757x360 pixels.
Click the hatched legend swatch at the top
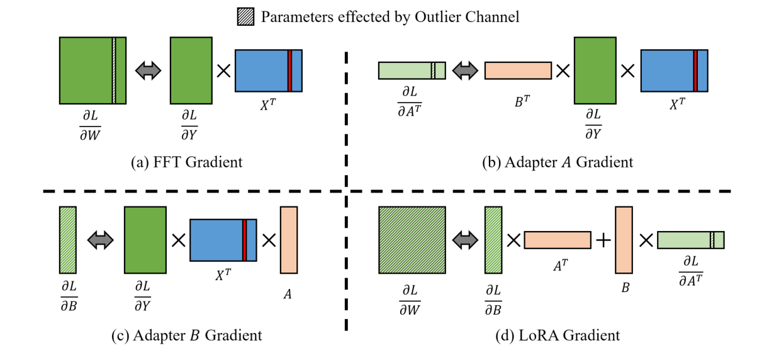pos(245,16)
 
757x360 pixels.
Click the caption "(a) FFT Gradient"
pos(186,162)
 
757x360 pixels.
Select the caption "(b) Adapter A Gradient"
pos(558,162)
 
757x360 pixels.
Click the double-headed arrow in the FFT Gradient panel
pos(149,70)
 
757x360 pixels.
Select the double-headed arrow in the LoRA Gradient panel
pos(466,240)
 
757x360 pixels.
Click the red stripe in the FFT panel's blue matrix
pos(289,70)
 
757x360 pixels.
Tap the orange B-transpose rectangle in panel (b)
pos(518,70)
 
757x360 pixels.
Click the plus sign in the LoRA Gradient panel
pos(603,240)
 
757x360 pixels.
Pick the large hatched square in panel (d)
pos(412,240)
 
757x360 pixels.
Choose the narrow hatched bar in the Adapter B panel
pos(67,240)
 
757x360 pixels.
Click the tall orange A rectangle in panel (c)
pos(289,240)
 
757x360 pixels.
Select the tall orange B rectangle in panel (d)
pos(623,240)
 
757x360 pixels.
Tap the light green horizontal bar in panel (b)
pos(412,70)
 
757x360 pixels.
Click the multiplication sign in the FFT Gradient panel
pos(223,70)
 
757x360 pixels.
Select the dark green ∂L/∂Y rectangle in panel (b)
pos(595,70)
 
